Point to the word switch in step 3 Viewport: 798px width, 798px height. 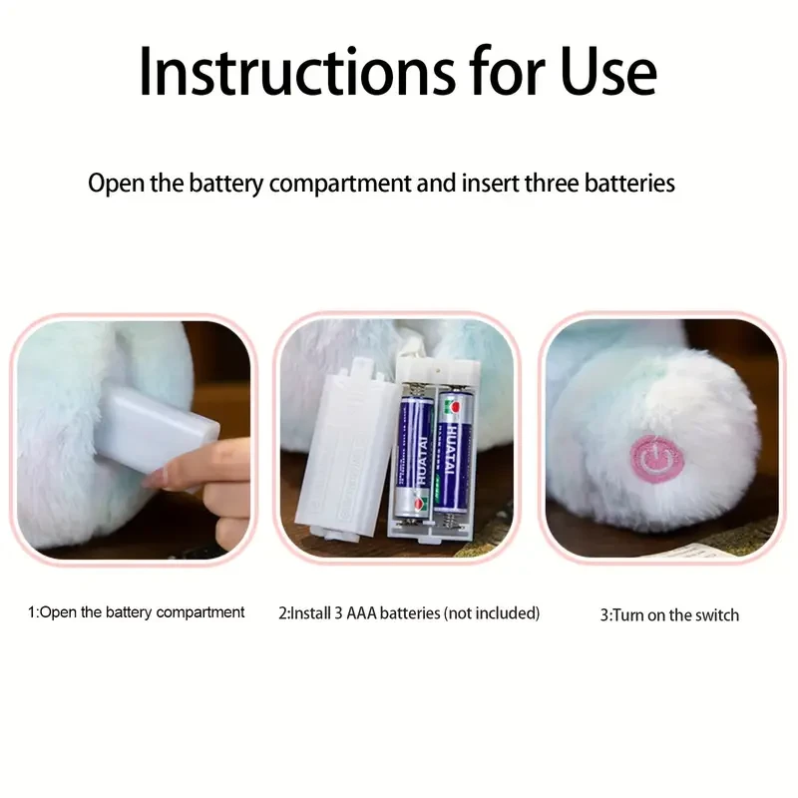pos(716,615)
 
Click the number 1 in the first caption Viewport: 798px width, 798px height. pos(31,611)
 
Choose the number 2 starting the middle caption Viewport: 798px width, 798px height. pos(282,612)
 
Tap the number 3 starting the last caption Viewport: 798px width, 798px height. pos(602,615)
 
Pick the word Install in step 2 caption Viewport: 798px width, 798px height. pos(312,612)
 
